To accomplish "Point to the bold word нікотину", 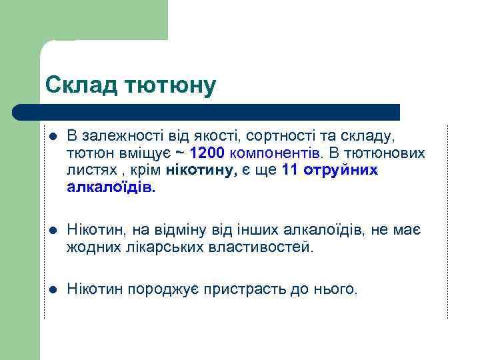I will point(201,171).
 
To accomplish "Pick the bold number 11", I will point(290,171).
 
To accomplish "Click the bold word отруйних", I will point(340,171).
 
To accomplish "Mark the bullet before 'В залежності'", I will point(52,137).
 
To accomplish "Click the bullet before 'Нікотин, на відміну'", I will point(52,231).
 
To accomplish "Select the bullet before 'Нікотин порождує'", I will point(52,290).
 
